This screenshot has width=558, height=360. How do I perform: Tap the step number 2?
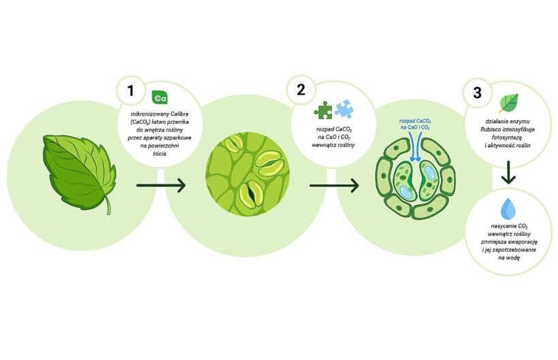coord(301,90)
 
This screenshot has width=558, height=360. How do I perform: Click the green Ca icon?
coord(159,97)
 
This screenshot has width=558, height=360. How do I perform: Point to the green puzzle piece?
coord(324,110)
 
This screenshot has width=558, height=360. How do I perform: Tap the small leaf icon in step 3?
coord(508,102)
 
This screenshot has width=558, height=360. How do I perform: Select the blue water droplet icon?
coord(508,208)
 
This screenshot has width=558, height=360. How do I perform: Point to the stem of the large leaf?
coord(107,205)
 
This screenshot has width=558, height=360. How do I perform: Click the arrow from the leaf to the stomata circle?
coord(161,184)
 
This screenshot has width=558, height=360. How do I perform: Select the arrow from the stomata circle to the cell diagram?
coord(333,184)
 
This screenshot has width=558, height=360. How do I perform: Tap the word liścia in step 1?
coord(161,154)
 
